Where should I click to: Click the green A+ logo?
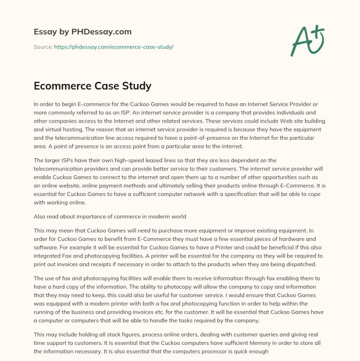click(308, 40)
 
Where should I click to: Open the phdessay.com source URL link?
click(114, 47)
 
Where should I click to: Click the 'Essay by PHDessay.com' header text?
click(83, 32)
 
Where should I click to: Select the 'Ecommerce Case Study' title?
click(93, 85)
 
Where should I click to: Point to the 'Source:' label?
click(43, 47)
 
